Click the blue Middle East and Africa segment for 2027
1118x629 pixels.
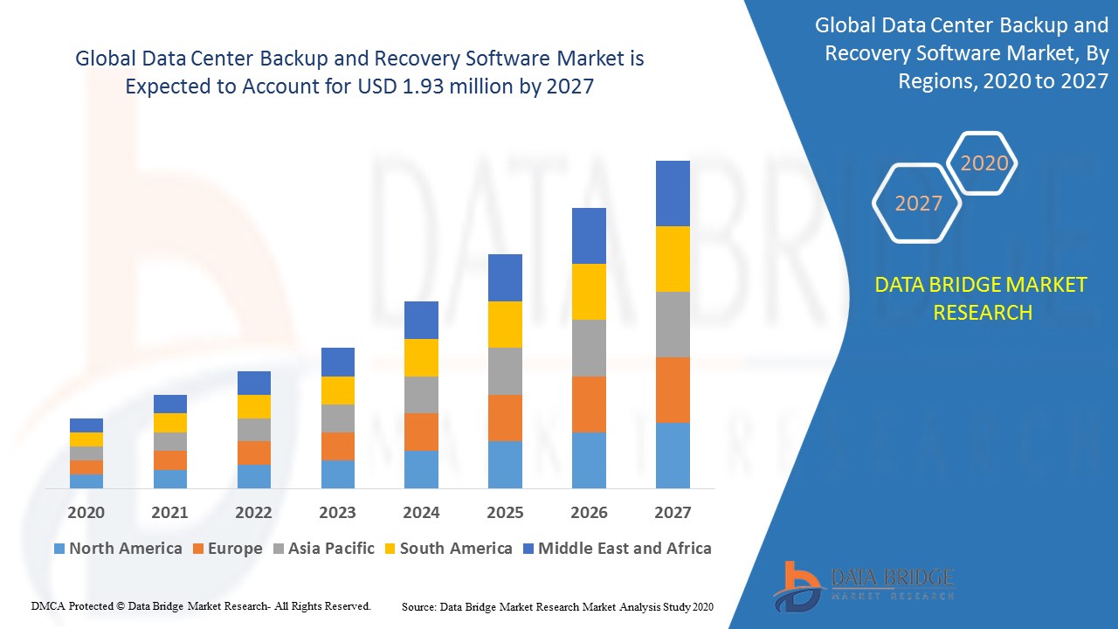click(673, 193)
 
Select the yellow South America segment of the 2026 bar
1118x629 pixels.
click(589, 292)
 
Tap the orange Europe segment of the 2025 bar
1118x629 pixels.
click(505, 418)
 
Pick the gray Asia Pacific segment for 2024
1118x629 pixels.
click(421, 395)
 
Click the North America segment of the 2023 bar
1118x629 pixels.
click(338, 473)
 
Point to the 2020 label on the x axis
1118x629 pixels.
click(86, 513)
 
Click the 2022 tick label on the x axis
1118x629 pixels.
click(253, 513)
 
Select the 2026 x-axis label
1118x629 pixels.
click(589, 513)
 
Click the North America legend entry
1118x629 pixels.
click(118, 549)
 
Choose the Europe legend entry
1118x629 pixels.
click(226, 549)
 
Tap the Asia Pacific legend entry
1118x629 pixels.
click(323, 549)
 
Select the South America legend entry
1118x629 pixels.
click(447, 549)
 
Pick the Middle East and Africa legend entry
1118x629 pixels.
click(617, 549)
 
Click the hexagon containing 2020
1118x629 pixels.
click(983, 163)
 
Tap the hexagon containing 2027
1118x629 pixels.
click(918, 204)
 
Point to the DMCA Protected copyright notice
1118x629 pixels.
click(201, 605)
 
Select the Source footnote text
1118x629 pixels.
click(557, 606)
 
